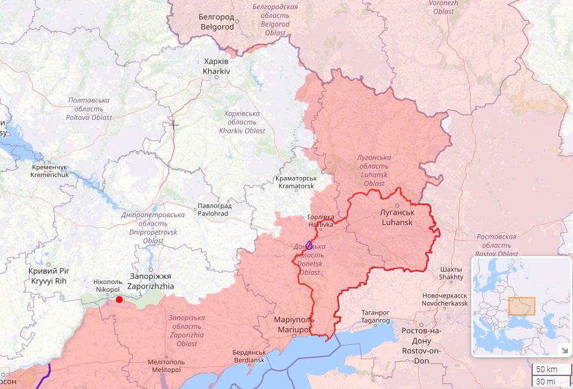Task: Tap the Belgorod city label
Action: pos(217,23)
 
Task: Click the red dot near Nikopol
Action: pos(119,299)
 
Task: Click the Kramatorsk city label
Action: pos(296,182)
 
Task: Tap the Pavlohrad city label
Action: pos(213,209)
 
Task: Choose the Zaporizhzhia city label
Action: pos(150,281)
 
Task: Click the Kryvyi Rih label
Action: pos(48,276)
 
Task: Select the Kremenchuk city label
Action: pos(49,171)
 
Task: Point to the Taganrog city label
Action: pos(375,316)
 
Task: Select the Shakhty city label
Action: pos(451,273)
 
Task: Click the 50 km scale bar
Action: pos(545,369)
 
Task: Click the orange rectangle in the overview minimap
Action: pos(521,306)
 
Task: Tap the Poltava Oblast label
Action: pos(89,109)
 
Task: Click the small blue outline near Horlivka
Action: pos(309,245)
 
